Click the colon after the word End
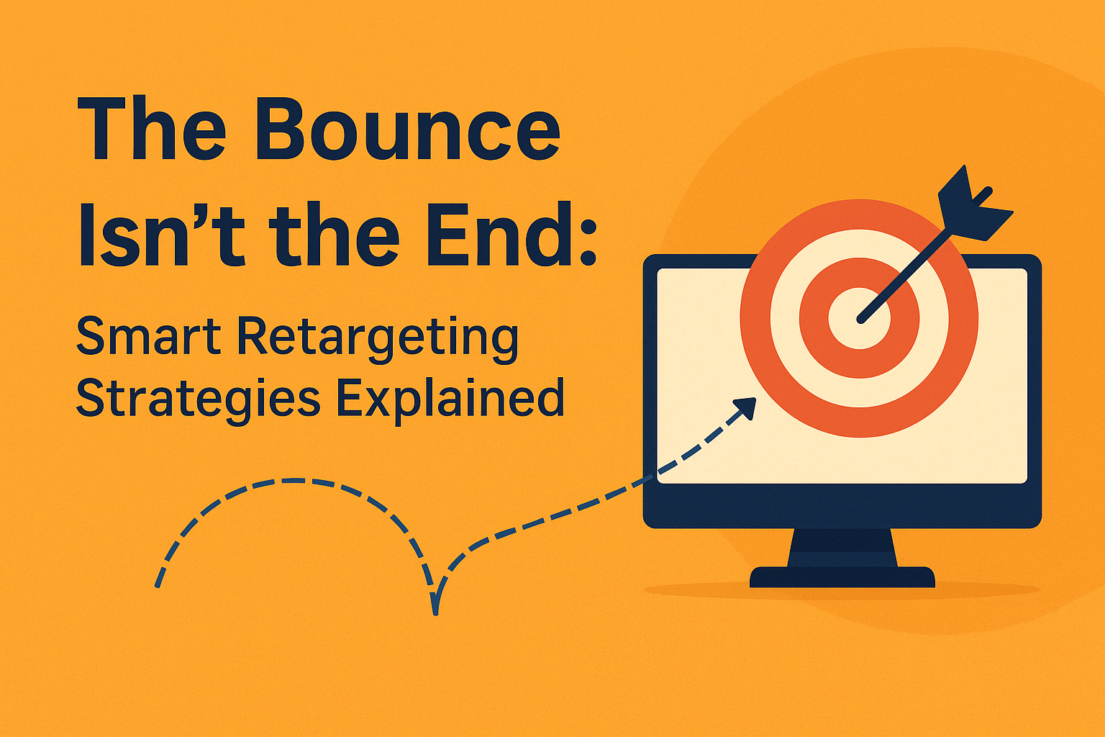(587, 242)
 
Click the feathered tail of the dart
(974, 206)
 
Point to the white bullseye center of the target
(859, 318)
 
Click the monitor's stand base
(842, 577)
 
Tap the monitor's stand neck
(842, 548)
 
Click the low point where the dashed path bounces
(435, 612)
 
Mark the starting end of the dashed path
(158, 585)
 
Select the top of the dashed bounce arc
(295, 481)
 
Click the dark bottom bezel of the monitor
(842, 506)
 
